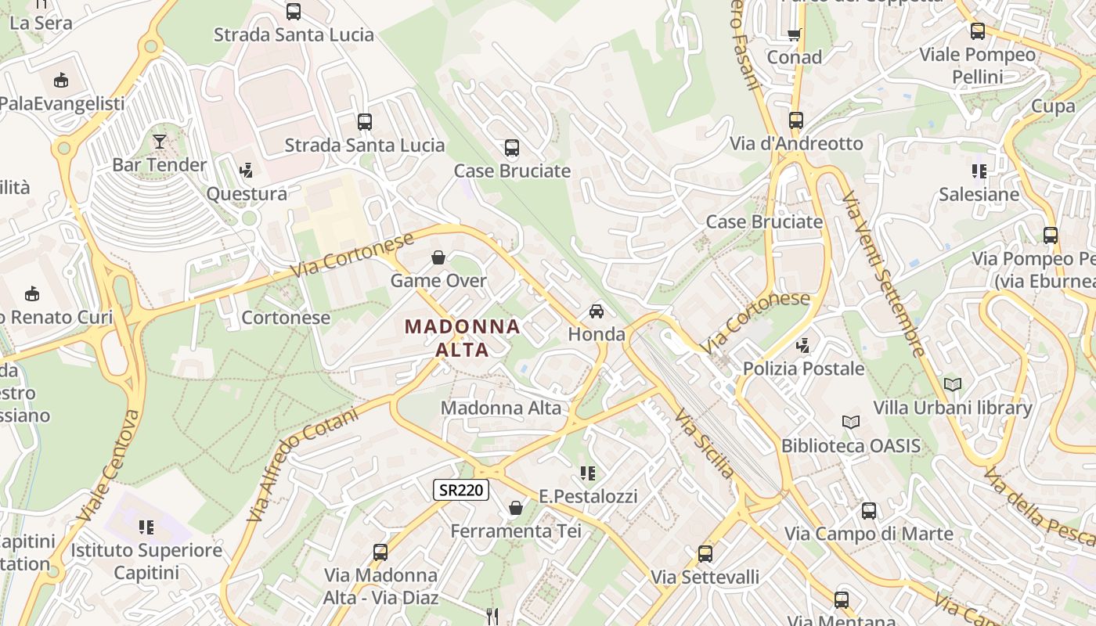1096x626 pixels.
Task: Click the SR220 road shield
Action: pos(461,491)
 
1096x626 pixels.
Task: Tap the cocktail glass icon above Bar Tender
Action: pos(160,142)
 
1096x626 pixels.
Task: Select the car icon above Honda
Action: pos(597,311)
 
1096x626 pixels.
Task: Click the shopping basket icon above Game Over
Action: pos(438,257)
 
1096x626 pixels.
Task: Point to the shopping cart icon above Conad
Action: pos(794,34)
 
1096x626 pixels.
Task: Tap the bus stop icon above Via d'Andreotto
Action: pos(796,121)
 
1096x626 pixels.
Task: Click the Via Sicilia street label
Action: pos(705,443)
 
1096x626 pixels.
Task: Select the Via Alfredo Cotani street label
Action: pos(301,464)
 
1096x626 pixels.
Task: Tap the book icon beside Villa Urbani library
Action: pos(953,384)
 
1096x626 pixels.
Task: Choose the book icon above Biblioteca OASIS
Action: pos(851,423)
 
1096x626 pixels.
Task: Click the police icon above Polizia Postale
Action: pos(802,345)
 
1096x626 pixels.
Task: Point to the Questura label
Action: pos(247,194)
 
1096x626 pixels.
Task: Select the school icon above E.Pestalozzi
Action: pos(588,473)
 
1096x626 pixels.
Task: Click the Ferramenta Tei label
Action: pos(516,531)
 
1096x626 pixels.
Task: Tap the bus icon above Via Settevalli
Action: pos(705,554)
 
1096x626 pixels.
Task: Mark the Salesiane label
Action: pos(979,195)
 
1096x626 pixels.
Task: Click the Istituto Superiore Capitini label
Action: pos(146,561)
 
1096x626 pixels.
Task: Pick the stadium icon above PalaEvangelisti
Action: pos(61,80)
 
